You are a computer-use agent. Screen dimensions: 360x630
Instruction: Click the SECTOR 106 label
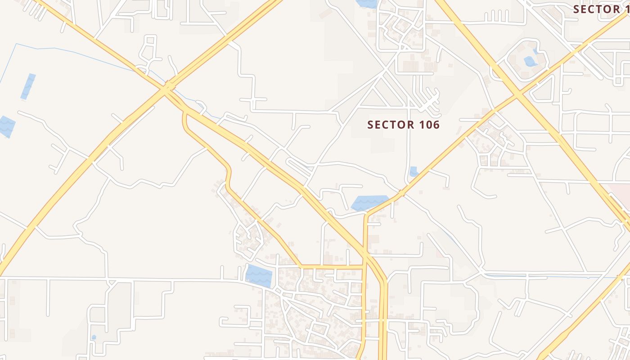[403, 125]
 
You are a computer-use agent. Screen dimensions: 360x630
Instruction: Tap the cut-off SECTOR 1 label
[601, 9]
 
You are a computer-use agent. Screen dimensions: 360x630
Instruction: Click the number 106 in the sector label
[427, 125]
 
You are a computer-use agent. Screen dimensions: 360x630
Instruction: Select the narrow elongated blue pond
[28, 86]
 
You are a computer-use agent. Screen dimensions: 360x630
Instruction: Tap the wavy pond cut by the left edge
[6, 126]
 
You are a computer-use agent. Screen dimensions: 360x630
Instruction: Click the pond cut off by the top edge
[367, 4]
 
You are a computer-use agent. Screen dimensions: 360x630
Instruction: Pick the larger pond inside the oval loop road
[530, 61]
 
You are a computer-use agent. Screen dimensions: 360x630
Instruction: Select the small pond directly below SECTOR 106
[414, 171]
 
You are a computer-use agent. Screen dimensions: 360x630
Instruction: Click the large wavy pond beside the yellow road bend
[370, 203]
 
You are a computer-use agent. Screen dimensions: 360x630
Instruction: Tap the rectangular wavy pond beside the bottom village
[259, 275]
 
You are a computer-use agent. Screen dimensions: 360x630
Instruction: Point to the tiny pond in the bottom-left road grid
[94, 337]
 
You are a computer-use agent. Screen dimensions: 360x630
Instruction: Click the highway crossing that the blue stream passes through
[169, 85]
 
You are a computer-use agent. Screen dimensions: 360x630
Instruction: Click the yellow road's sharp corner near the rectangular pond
[300, 266]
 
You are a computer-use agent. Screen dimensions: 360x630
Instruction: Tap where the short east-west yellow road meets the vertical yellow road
[364, 267]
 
